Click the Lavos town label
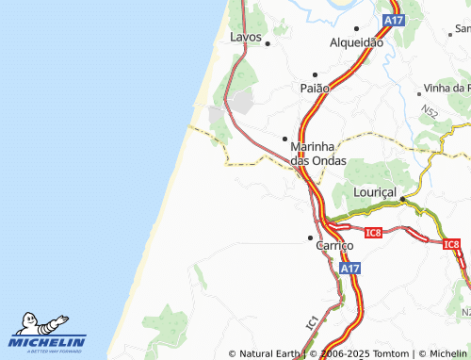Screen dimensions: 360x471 (247, 37)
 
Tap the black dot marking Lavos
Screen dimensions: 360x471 (268, 43)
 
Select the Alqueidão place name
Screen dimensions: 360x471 (355, 42)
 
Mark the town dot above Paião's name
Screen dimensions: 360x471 (315, 74)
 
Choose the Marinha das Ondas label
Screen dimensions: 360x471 (318, 154)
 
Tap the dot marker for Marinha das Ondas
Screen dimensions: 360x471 (285, 139)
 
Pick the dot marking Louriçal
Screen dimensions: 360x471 (402, 199)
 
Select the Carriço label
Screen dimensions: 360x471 (333, 245)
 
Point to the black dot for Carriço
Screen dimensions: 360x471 (310, 237)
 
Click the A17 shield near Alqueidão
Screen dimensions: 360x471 (393, 20)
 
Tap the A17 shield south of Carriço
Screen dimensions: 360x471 (349, 269)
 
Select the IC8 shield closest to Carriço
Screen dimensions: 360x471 (372, 232)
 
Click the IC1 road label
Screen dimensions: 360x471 (312, 321)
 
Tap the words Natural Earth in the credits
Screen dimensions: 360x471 (269, 354)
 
